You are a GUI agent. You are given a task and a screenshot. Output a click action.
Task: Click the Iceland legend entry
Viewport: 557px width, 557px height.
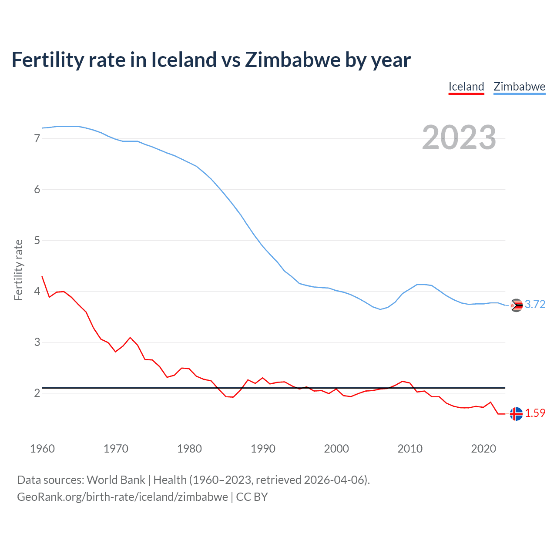[466, 87]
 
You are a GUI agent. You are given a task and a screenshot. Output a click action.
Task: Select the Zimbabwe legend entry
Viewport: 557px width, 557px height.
[519, 87]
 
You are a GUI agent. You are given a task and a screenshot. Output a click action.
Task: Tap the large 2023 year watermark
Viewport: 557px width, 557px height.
[459, 138]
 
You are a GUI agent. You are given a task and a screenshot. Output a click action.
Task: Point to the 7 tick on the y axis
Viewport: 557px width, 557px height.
[37, 138]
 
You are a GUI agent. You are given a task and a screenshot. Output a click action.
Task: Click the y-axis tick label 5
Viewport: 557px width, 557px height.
[37, 240]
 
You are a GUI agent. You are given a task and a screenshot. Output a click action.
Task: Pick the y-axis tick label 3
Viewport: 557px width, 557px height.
[37, 342]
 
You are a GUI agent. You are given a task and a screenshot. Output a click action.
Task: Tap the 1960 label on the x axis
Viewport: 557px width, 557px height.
[42, 449]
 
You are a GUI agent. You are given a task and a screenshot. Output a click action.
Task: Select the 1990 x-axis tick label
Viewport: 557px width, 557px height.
[263, 449]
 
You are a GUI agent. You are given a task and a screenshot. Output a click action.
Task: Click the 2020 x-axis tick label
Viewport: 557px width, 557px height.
[483, 449]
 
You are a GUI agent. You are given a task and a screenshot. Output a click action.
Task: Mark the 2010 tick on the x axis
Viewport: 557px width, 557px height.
[410, 449]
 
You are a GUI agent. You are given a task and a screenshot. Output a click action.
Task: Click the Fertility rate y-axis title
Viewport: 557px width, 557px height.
[18, 270]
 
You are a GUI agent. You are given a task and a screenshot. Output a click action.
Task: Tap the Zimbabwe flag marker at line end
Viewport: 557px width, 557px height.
[516, 305]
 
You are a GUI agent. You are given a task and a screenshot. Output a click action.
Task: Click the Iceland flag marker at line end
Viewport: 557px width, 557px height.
[516, 414]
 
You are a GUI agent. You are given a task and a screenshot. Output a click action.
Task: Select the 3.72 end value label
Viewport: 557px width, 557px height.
[535, 305]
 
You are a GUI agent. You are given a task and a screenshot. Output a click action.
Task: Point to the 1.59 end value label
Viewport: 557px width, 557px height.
[535, 413]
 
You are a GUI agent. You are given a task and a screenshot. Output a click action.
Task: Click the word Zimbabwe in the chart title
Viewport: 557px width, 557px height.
[292, 60]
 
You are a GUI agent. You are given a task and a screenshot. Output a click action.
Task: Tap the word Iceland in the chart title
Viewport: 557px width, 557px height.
[184, 60]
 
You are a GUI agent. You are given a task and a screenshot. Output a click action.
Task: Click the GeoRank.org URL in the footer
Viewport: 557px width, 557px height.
[122, 497]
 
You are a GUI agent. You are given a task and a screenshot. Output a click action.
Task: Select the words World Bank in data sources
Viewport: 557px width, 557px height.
[116, 480]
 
